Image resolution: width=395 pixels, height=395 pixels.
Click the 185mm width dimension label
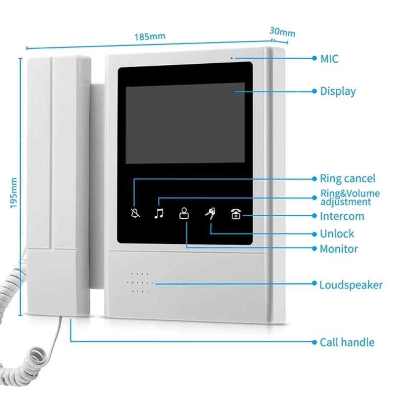tap(150, 37)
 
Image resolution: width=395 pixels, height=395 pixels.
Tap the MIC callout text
tap(329, 59)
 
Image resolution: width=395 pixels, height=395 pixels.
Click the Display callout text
tap(338, 91)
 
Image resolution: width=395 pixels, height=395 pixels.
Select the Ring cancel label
tap(348, 179)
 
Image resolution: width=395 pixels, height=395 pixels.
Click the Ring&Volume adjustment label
tap(350, 197)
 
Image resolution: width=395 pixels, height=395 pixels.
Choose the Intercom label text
tap(342, 216)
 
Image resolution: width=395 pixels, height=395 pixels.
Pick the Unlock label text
tap(337, 234)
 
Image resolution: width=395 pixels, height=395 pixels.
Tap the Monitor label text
tap(339, 249)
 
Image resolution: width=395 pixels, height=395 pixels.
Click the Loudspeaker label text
tap(351, 285)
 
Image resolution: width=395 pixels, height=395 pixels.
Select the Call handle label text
tap(347, 342)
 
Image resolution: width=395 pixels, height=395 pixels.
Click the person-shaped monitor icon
tap(184, 214)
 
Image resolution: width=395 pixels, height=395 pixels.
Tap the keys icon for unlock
tap(210, 214)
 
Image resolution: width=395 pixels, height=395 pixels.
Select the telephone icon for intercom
tap(236, 214)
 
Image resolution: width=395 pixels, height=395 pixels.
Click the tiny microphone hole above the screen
tap(231, 58)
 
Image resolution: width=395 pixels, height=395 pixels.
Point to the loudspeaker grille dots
tap(140, 283)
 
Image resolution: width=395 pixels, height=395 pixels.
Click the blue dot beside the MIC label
tap(314, 58)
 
